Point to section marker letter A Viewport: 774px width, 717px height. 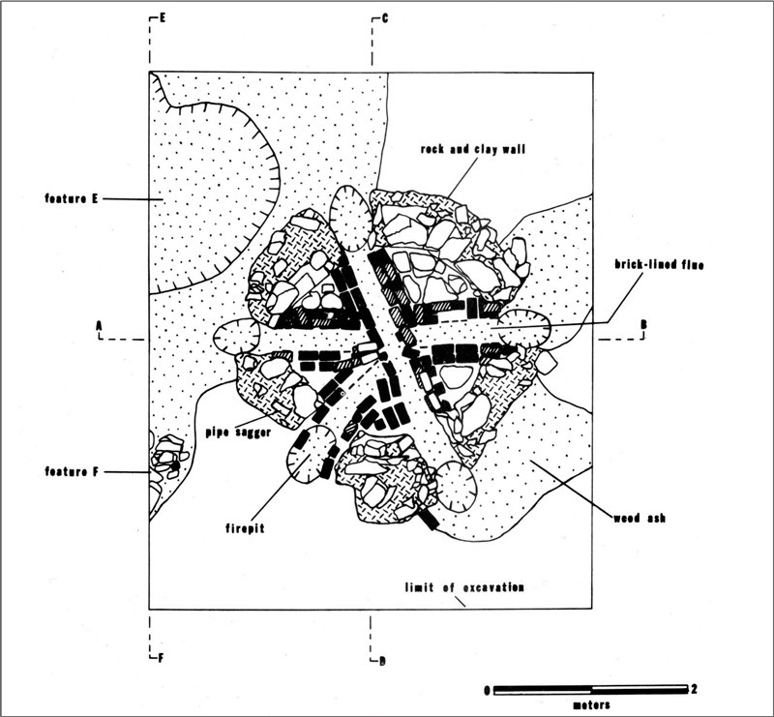pos(99,326)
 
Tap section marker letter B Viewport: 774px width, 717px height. pos(641,326)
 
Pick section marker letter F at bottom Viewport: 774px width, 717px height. pos(161,660)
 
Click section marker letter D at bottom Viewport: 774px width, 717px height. pos(383,661)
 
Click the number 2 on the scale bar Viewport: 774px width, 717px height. pos(695,690)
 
